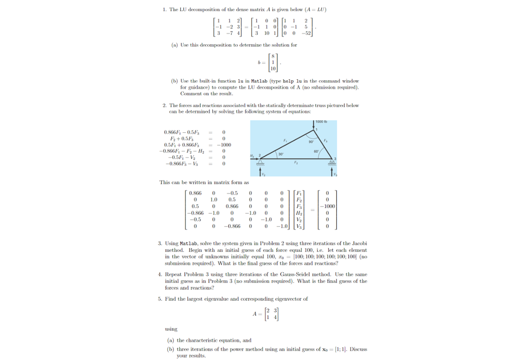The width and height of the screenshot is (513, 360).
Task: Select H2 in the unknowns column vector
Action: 299,213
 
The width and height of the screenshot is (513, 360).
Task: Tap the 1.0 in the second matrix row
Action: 214,200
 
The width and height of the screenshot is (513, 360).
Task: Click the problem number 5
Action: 159,299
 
